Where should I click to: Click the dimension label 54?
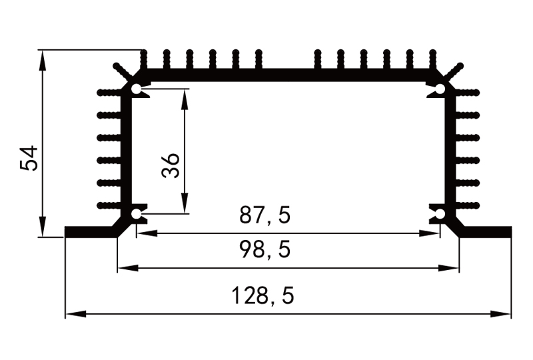pos(29,157)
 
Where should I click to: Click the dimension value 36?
pos(171,165)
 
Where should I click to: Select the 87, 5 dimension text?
pos(265,215)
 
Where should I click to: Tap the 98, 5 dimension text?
pos(265,250)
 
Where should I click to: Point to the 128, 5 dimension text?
pos(263,295)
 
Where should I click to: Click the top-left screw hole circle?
pos(136,89)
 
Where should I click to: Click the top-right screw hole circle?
pos(440,89)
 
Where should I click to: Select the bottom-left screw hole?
pos(137,214)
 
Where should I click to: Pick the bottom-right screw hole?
pos(439,214)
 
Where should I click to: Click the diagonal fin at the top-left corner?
pos(122,69)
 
